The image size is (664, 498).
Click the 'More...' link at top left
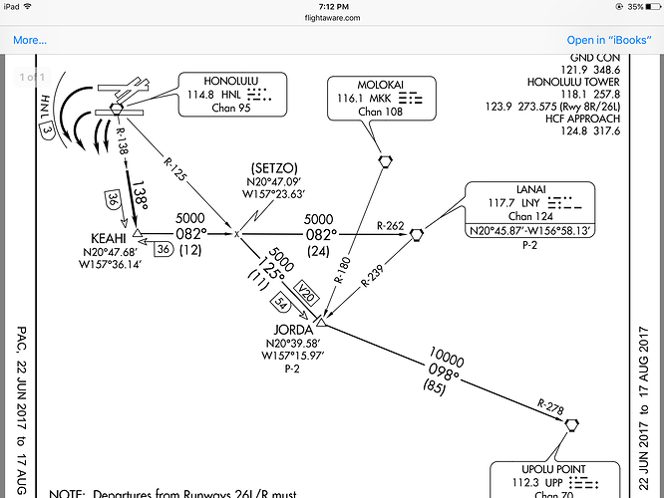[30, 40]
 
